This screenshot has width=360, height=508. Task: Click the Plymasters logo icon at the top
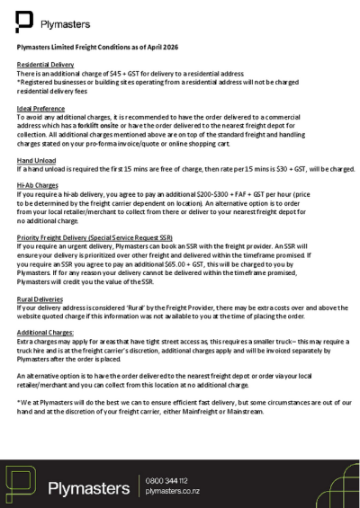click(x=26, y=21)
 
